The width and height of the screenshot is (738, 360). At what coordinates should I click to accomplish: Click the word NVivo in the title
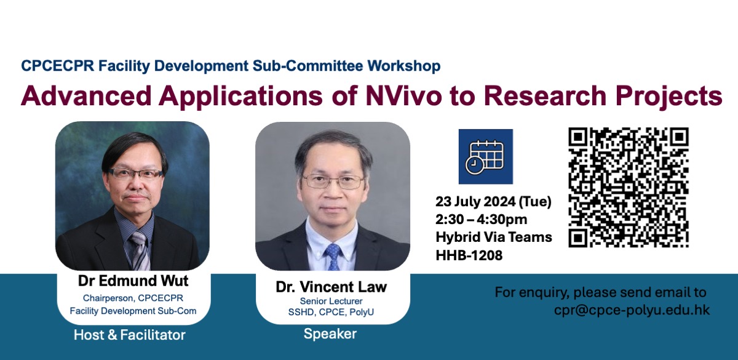point(403,95)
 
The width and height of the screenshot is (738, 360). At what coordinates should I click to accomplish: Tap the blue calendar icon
point(486,156)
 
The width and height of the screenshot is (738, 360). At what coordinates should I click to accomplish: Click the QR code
point(629,187)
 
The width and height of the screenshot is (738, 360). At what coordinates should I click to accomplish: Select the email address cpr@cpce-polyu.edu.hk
point(632,310)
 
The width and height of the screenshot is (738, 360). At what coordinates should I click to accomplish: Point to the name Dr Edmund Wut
point(133,281)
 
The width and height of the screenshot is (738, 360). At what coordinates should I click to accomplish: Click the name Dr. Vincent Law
point(331,287)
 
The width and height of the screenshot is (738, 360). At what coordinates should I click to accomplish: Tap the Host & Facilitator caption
point(130,335)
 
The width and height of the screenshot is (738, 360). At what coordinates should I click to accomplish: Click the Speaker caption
point(330,334)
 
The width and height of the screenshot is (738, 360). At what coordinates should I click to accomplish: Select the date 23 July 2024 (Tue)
point(493,201)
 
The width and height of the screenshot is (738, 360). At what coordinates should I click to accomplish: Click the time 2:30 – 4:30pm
point(481,219)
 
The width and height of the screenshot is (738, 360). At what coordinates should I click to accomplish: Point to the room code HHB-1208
point(469,255)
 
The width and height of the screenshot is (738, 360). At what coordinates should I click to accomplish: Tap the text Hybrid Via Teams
point(494,237)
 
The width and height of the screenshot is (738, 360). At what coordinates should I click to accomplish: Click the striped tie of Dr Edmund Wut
point(140,250)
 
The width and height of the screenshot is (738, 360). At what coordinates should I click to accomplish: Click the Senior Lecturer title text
point(331,301)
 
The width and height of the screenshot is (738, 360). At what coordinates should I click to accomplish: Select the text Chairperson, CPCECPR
point(133,298)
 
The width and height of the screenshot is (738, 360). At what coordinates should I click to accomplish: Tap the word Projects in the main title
point(669,96)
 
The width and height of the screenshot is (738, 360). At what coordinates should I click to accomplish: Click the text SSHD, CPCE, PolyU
point(331,312)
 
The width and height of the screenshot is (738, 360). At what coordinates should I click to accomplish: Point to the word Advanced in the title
point(86,95)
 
